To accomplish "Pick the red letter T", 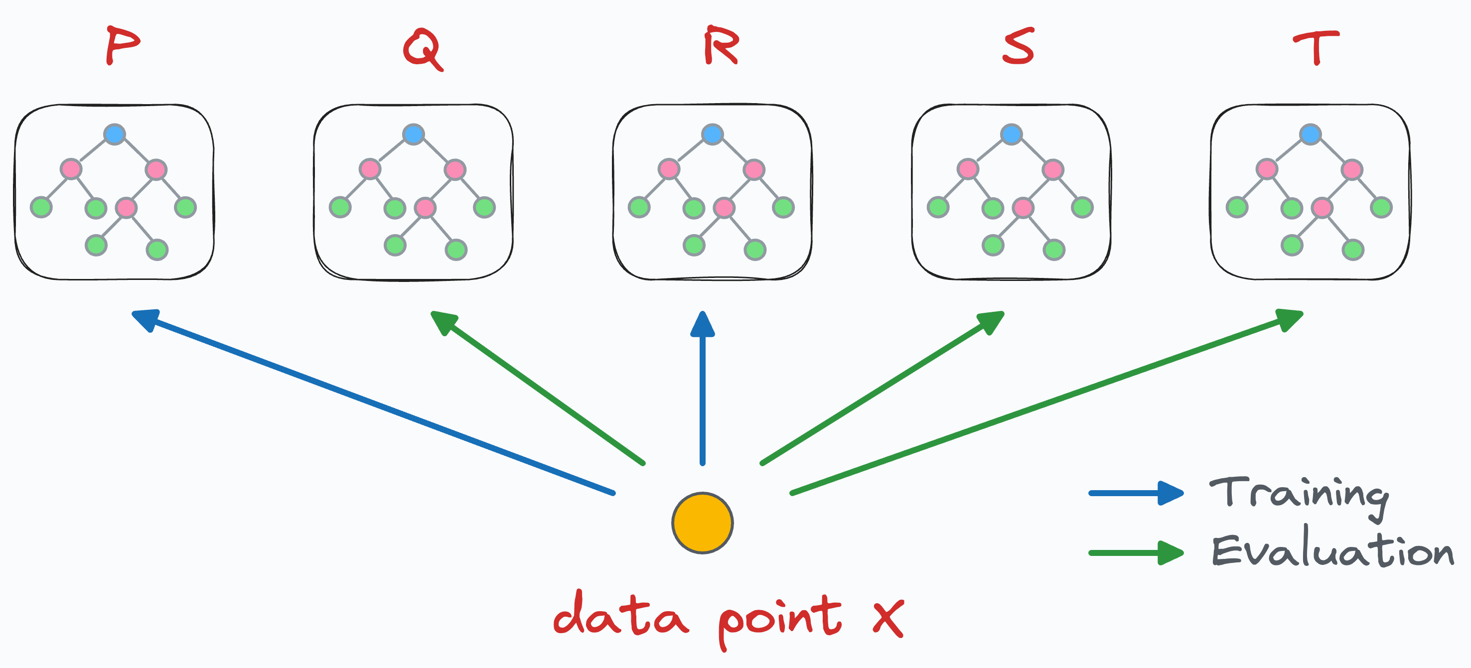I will click(1316, 47).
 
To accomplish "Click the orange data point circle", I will click(703, 523).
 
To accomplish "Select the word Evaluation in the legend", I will click(1332, 551).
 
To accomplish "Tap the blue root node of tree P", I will click(114, 134).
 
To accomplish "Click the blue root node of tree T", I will click(1310, 134).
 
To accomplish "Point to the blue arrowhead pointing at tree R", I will click(703, 324).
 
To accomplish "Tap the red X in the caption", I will click(888, 618).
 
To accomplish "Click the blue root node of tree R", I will click(712, 134).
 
